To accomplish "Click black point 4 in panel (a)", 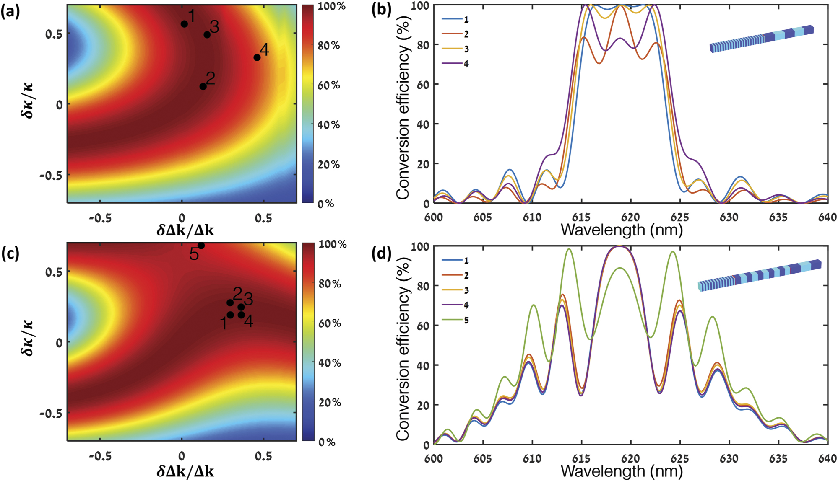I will click(x=257, y=57).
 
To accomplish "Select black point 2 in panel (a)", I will click(x=203, y=86).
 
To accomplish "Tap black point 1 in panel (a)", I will click(x=184, y=24).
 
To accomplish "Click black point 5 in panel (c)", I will click(x=201, y=246).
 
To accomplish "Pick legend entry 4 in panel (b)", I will click(x=455, y=64).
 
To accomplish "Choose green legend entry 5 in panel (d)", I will click(x=455, y=320).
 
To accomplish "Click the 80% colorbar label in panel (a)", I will click(x=329, y=45).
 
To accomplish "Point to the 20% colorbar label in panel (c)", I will click(x=330, y=403).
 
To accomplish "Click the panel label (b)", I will click(x=381, y=9).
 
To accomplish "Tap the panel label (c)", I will click(x=10, y=253).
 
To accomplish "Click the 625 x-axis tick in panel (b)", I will click(x=679, y=217).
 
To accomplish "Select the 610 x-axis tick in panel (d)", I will click(x=532, y=458).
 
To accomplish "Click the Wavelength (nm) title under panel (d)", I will click(x=622, y=471).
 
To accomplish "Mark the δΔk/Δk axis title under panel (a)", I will click(x=185, y=230).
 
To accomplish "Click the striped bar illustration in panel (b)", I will click(x=761, y=39).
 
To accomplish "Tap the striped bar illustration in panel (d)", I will click(x=759, y=276).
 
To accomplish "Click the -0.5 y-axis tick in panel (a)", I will click(x=51, y=175).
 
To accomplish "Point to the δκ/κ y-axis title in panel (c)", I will click(x=28, y=337).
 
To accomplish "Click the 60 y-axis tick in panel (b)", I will click(x=422, y=84).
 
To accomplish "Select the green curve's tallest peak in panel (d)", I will click(x=569, y=249).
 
